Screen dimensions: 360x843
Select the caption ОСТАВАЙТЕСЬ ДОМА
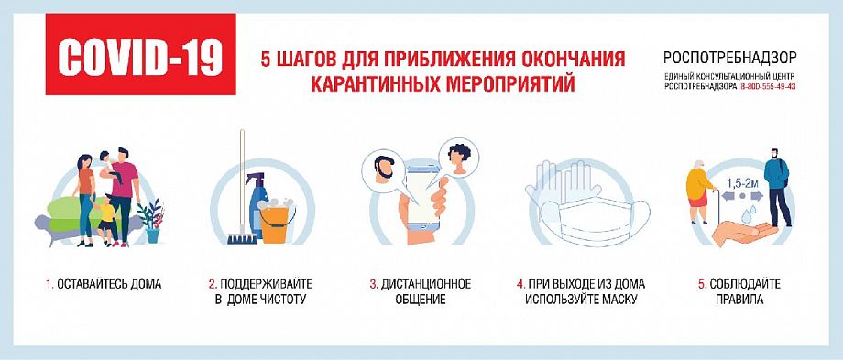[107, 284]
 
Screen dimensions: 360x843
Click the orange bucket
[274, 223]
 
